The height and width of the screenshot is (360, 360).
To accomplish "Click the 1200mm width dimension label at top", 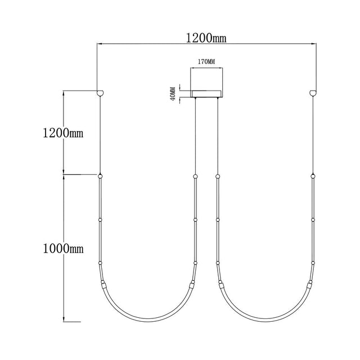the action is [206, 38].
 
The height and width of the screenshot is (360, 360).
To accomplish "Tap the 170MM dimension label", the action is [206, 62].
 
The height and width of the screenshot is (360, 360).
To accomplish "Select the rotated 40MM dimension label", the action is [173, 93].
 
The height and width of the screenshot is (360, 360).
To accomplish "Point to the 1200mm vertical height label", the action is [63, 133].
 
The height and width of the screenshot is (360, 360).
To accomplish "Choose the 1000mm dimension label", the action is [63, 249].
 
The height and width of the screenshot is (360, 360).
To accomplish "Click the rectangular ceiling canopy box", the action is [206, 94].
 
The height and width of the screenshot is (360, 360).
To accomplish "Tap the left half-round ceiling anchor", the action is [100, 93].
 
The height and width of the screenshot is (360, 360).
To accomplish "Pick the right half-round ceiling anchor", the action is [313, 93].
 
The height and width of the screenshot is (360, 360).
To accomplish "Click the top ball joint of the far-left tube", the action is [100, 176].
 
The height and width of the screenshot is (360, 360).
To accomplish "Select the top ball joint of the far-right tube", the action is [313, 176].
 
